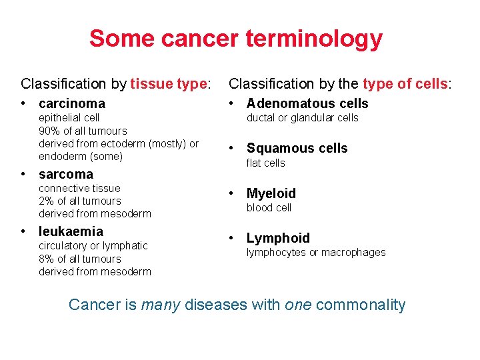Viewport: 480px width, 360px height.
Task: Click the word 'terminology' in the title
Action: click(314, 39)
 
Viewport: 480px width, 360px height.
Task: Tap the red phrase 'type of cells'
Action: click(405, 84)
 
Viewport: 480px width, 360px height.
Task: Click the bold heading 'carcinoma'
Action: click(72, 103)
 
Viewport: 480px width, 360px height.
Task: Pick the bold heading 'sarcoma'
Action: click(66, 175)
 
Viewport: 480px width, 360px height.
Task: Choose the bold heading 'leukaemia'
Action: click(71, 231)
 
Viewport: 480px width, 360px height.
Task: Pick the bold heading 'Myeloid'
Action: click(271, 193)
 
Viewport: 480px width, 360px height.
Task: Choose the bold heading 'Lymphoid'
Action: click(278, 238)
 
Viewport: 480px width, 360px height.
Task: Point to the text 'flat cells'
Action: click(265, 163)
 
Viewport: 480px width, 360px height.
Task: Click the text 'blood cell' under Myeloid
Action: click(269, 207)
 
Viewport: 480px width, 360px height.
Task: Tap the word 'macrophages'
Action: click(357, 252)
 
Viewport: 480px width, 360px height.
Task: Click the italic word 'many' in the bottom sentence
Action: click(161, 305)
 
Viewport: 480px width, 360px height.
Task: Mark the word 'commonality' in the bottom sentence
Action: click(360, 305)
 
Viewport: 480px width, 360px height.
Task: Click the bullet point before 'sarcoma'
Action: click(24, 175)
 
